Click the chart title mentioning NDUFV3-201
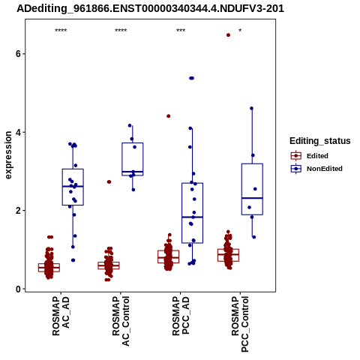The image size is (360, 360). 150,9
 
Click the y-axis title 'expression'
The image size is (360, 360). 8,155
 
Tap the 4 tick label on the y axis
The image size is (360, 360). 19,132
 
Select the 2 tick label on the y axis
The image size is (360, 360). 19,211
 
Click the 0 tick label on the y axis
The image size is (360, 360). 19,289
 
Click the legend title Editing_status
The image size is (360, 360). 320,141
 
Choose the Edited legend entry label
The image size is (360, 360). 317,156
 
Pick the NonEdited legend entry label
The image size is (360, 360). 325,169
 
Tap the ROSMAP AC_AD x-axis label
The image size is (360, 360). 61,316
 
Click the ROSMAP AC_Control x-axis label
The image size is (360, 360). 121,321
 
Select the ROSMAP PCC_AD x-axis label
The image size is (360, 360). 181,316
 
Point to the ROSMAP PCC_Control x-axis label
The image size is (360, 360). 240,324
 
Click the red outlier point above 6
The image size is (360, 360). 228,35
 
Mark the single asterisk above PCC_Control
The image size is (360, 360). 240,31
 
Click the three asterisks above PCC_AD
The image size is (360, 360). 181,31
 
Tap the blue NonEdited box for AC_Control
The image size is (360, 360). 133,159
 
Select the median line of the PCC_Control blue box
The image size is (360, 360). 252,198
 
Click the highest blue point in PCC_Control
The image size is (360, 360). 251,108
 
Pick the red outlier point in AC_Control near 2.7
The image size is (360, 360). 109,181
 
